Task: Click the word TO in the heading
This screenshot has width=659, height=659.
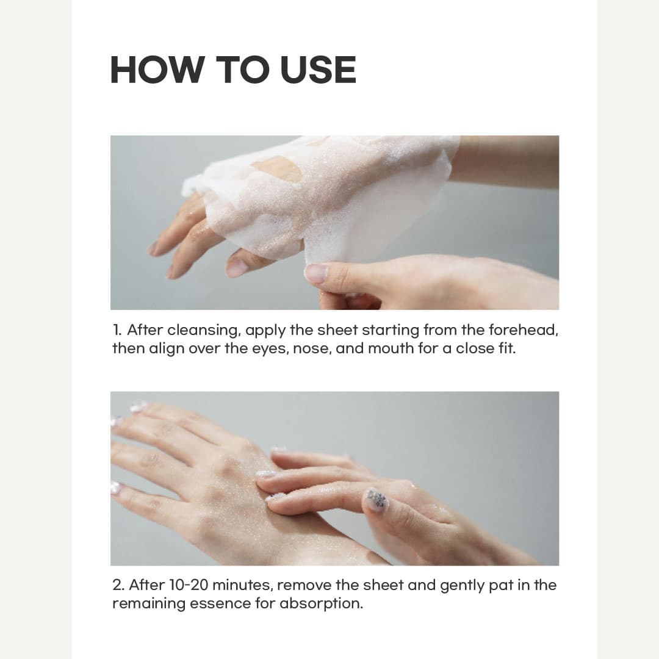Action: (243, 70)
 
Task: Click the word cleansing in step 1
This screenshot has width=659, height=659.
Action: (204, 331)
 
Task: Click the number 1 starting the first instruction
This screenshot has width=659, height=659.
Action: (117, 331)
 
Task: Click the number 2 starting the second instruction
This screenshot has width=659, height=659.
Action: (117, 585)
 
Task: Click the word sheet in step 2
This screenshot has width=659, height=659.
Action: (381, 585)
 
